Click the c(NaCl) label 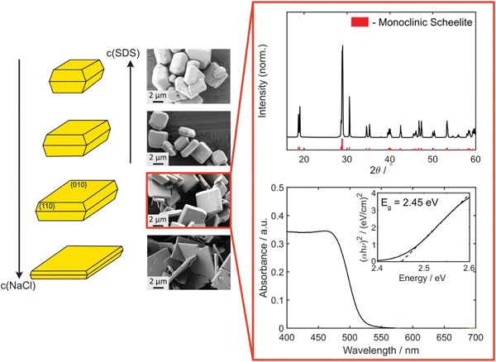[x=26, y=286]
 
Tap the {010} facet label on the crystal [x=79, y=183]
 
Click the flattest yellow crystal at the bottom [x=77, y=263]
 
